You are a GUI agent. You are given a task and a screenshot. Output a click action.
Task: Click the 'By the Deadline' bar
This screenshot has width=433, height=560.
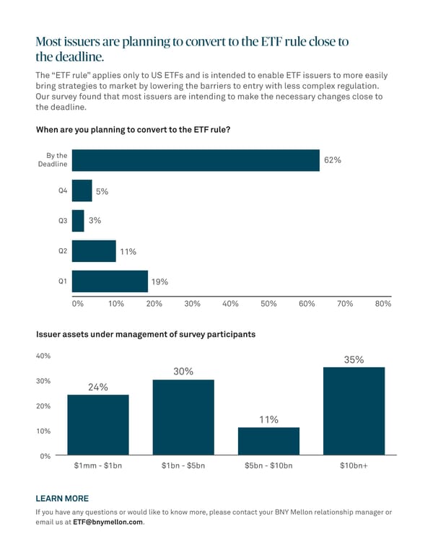click(x=196, y=160)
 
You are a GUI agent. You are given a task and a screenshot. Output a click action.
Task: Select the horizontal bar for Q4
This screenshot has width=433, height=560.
click(x=82, y=191)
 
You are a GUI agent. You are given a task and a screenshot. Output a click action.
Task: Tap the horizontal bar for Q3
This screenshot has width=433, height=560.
click(x=78, y=221)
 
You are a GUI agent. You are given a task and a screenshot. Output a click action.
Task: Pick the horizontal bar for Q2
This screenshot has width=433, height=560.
click(x=94, y=251)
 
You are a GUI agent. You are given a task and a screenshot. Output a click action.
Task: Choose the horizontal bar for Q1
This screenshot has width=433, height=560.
click(x=110, y=281)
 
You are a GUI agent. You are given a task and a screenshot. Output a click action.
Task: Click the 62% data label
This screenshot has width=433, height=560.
click(x=333, y=160)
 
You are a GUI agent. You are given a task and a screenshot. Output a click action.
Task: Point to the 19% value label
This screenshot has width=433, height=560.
click(x=159, y=282)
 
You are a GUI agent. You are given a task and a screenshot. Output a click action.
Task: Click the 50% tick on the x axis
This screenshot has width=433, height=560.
click(x=268, y=305)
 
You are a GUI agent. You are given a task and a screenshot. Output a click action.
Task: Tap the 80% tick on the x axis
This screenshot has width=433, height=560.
click(x=382, y=305)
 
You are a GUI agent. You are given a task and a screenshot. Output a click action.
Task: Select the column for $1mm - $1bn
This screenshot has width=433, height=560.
click(x=98, y=425)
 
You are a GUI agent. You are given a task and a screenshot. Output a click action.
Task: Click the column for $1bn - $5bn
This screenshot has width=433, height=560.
click(x=183, y=418)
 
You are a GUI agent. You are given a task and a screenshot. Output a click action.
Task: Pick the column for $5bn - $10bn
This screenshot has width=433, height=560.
click(x=268, y=441)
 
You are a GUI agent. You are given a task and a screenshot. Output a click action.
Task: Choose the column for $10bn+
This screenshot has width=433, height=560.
click(x=354, y=411)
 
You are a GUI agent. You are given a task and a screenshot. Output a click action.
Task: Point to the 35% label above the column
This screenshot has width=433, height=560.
click(x=354, y=359)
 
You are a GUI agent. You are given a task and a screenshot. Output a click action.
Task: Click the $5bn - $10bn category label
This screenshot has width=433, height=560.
click(x=268, y=466)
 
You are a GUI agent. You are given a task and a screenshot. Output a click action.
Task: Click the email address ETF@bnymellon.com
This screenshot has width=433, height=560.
click(x=108, y=522)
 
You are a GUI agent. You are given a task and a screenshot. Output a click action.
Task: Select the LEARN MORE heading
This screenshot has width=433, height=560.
click(x=62, y=499)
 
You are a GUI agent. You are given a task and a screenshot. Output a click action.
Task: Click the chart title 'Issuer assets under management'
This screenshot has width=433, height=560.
click(x=145, y=335)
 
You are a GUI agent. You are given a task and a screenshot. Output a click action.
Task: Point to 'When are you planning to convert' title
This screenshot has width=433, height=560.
click(x=133, y=130)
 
